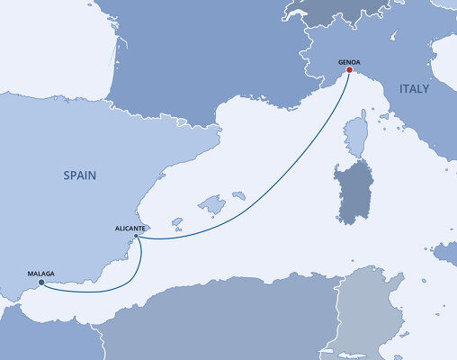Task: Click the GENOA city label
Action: pyautogui.click(x=350, y=63)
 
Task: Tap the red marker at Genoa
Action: pyautogui.click(x=348, y=72)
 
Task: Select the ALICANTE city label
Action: pyautogui.click(x=130, y=229)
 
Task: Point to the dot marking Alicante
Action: pyautogui.click(x=135, y=236)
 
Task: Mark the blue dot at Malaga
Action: pyautogui.click(x=41, y=282)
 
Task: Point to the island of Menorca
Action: pyautogui.click(x=238, y=194)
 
